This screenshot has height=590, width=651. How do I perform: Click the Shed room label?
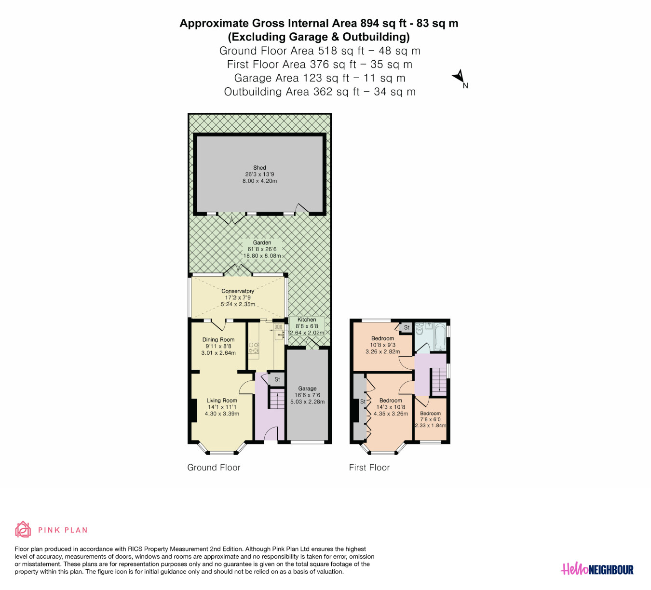(x=259, y=167)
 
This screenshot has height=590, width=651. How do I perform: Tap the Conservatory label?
(x=238, y=291)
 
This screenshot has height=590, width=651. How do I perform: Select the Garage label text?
(x=307, y=389)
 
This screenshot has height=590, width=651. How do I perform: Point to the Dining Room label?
(x=218, y=339)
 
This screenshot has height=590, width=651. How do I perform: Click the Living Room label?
(x=222, y=401)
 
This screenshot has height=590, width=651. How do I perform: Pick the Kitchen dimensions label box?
(x=307, y=326)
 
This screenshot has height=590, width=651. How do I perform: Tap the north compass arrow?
(x=458, y=77)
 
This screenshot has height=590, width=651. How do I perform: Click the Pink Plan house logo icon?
(x=23, y=530)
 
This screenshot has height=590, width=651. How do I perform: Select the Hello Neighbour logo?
(x=597, y=569)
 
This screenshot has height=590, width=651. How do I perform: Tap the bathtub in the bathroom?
(x=440, y=337)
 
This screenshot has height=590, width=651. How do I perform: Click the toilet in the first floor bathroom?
(x=419, y=329)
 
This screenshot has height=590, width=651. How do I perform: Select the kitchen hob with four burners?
(x=254, y=348)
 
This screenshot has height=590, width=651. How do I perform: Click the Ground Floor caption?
(x=214, y=468)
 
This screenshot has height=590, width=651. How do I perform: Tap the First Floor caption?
(x=369, y=468)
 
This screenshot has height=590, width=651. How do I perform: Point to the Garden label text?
(x=262, y=242)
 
